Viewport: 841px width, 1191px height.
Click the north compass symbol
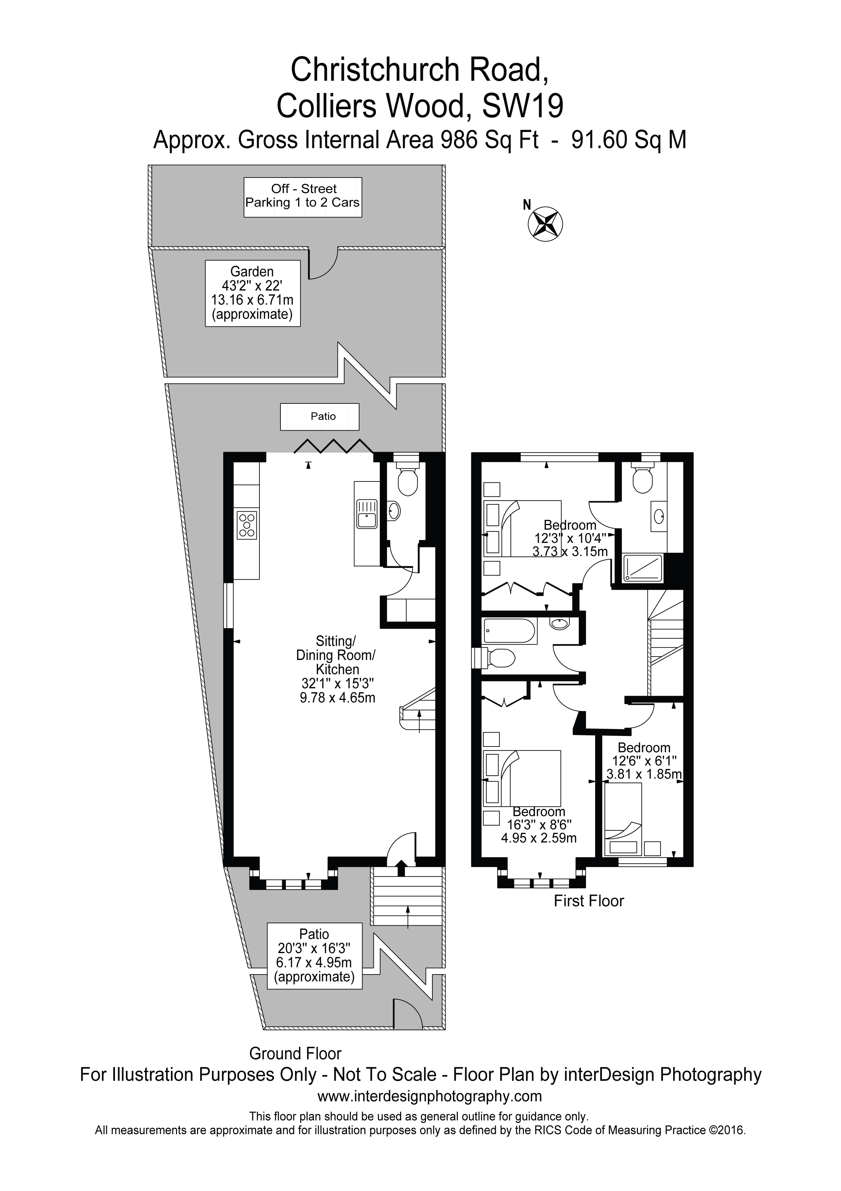click(x=545, y=224)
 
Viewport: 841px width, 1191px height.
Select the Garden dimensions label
click(x=253, y=293)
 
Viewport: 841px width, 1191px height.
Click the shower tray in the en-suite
click(x=643, y=567)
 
